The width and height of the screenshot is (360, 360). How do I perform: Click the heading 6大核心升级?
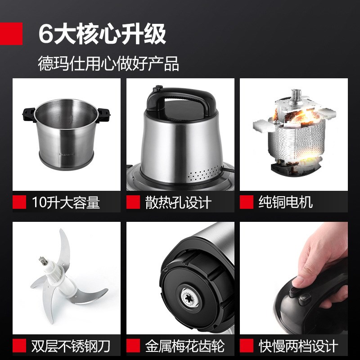(x=102, y=34)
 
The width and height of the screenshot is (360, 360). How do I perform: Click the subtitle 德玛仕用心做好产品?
(x=108, y=63)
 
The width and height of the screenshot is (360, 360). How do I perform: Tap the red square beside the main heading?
(x=11, y=34)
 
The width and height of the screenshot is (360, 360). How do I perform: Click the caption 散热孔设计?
(x=178, y=202)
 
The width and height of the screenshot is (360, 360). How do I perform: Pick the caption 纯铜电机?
(x=285, y=202)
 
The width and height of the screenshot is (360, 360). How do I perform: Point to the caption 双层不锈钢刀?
(x=71, y=346)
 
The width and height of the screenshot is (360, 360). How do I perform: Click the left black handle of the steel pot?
(x=28, y=114)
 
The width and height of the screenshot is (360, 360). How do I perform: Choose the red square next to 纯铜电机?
(x=246, y=202)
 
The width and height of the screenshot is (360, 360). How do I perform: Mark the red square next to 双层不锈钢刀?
(x=19, y=346)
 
